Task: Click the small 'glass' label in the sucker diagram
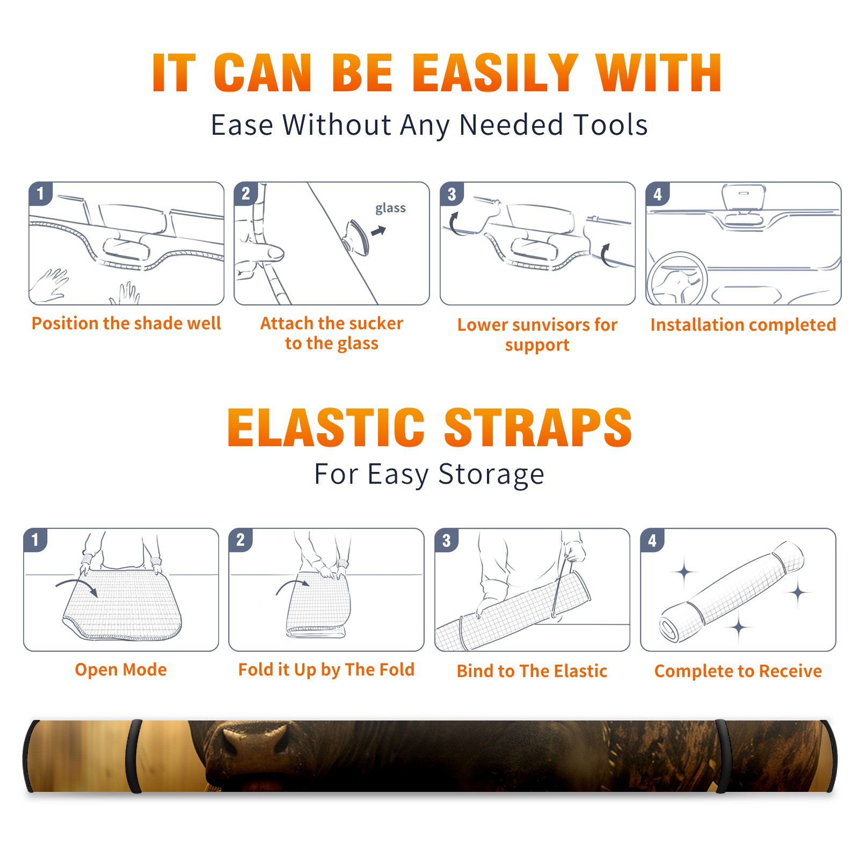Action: [x=390, y=208]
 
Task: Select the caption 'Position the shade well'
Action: [x=126, y=323]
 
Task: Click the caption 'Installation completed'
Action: [x=743, y=325]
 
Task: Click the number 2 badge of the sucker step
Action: [x=246, y=193]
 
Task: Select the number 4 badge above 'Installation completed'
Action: [x=658, y=194]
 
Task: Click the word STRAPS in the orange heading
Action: [x=538, y=427]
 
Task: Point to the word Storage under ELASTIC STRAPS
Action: [x=491, y=475]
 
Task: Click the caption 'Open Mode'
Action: [x=121, y=669]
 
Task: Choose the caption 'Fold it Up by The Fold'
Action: [x=326, y=669]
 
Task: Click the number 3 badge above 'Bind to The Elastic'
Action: [x=447, y=540]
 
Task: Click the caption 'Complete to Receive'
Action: [x=738, y=671]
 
